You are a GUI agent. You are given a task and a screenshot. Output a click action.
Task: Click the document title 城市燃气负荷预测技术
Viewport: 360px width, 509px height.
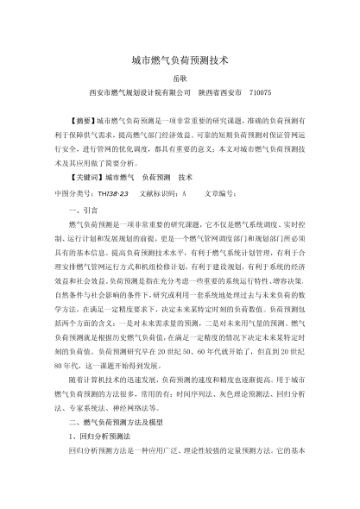(180, 61)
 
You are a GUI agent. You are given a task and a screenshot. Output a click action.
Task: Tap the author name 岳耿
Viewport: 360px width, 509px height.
(180, 79)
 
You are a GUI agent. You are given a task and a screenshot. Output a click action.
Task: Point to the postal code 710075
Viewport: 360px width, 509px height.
(259, 92)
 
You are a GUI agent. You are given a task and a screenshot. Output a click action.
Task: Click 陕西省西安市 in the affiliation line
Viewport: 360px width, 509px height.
(220, 92)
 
